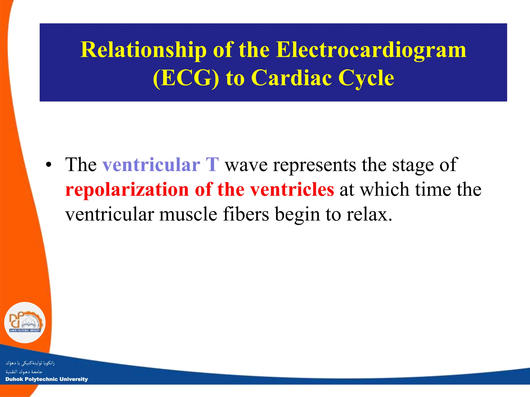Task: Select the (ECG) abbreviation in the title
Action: click(x=186, y=78)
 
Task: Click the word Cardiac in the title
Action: click(x=291, y=78)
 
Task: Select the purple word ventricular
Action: click(x=151, y=165)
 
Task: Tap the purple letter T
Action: click(x=212, y=165)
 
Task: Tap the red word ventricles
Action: click(x=292, y=189)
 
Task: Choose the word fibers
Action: click(x=246, y=214)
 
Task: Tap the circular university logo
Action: click(x=25, y=323)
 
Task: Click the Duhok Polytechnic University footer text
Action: click(x=47, y=379)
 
